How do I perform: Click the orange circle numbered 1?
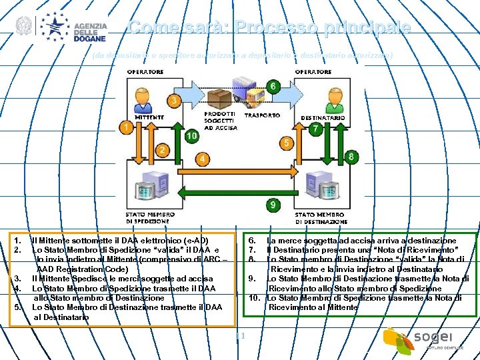coord(125,126)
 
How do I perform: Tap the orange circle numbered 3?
coord(174,101)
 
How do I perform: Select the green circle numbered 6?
coord(273,86)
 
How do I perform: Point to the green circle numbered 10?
coord(192,135)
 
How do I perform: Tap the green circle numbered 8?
coord(351,157)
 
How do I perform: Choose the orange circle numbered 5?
coord(286,143)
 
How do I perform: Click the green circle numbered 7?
coord(315,129)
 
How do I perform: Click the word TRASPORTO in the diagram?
coord(262,115)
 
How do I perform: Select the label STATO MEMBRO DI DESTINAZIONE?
coord(321,217)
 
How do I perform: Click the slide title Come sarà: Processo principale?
coord(269,28)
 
